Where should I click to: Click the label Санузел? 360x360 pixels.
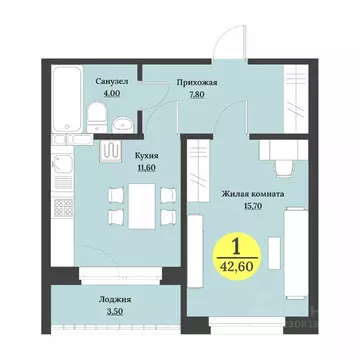(x=110, y=81)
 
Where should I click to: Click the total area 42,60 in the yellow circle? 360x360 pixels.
(x=258, y=265)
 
